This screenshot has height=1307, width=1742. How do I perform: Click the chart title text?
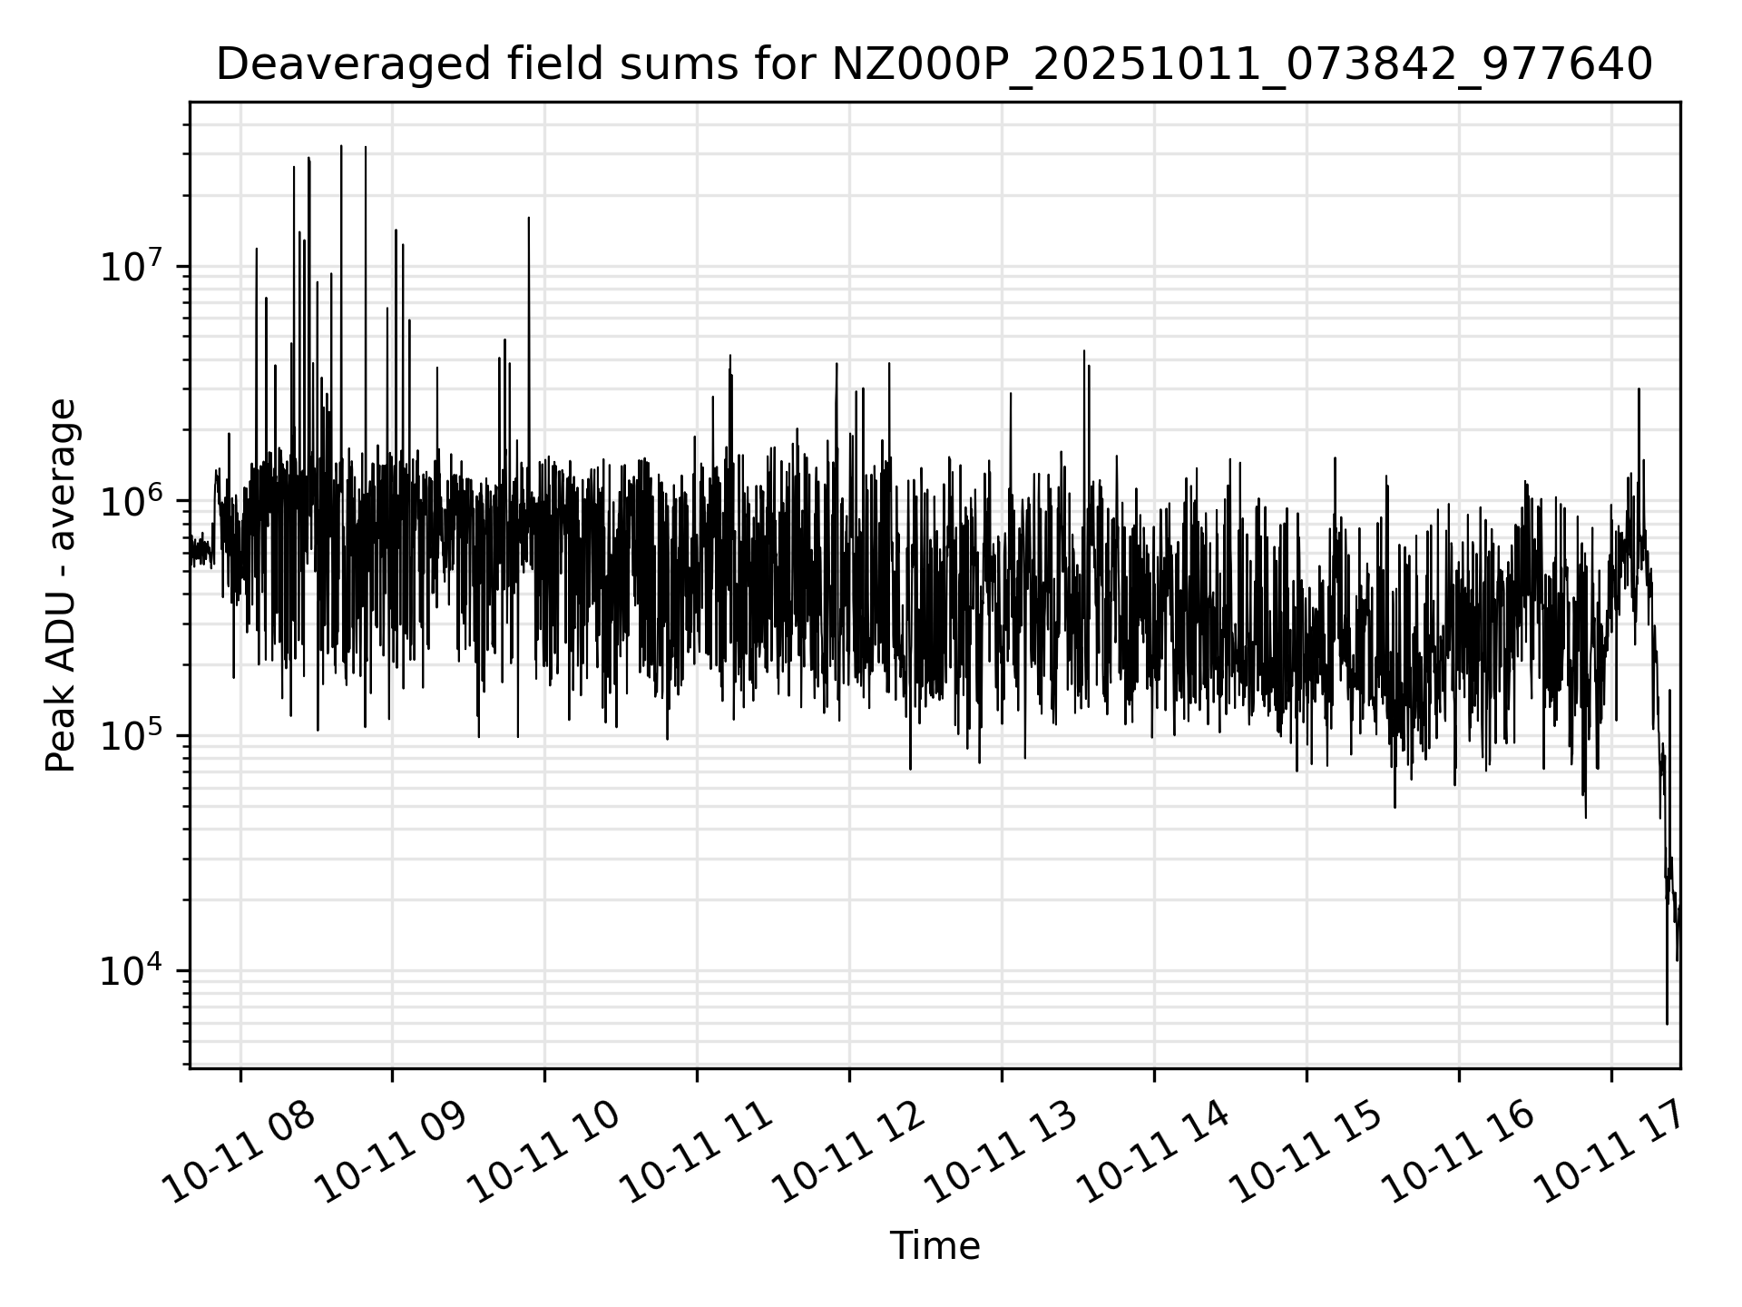(934, 65)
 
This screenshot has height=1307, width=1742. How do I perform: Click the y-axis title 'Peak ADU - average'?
(62, 585)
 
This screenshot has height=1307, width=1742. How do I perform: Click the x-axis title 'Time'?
(935, 1246)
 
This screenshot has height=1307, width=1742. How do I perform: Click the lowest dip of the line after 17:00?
(1667, 1023)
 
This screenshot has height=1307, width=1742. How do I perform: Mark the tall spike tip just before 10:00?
(529, 218)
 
